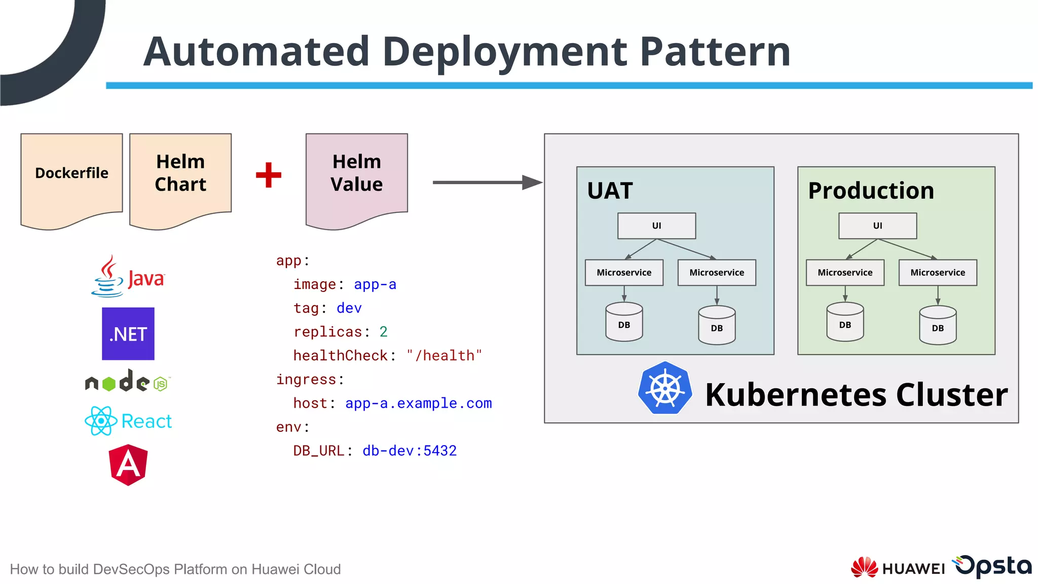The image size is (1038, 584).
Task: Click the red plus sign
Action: (269, 175)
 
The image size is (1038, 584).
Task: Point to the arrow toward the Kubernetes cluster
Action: (487, 182)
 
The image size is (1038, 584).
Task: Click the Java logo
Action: (128, 277)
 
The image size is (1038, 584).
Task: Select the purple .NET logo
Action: (128, 334)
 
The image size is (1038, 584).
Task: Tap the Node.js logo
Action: (128, 381)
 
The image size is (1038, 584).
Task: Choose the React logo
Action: (128, 421)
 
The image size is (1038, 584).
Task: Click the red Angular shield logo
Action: (128, 465)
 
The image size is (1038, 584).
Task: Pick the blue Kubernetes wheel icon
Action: (665, 388)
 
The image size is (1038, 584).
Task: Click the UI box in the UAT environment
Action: (656, 226)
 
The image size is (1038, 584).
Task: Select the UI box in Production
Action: (877, 226)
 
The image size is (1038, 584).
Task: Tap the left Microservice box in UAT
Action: (624, 273)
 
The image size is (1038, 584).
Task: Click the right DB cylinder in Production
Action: (938, 325)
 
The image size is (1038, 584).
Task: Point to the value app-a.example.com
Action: (418, 404)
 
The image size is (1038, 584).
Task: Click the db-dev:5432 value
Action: (410, 451)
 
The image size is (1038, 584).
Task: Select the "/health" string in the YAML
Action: (444, 356)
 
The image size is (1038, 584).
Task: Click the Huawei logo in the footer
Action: (897, 568)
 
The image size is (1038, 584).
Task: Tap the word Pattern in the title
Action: (715, 52)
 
